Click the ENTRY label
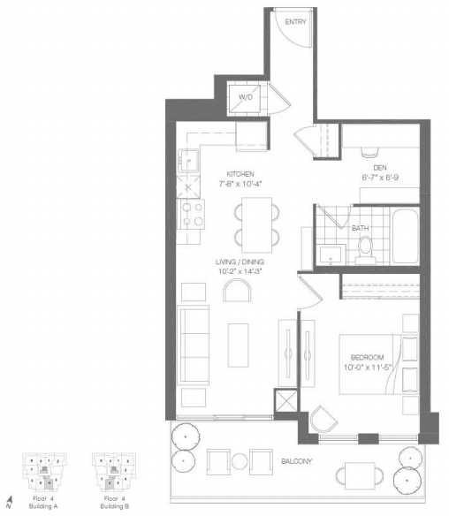[296, 22]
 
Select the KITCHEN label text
[240, 174]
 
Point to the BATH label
[360, 227]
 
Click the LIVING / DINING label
[240, 262]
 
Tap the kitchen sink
[190, 161]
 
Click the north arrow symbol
[9, 505]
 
